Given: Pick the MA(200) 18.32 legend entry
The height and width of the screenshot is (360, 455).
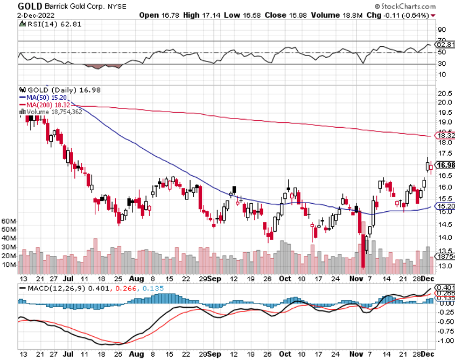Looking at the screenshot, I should click(43, 104).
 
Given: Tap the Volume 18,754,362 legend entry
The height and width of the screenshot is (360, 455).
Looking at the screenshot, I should click(53, 112).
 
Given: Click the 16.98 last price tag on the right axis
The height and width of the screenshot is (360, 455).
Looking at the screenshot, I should click(445, 165).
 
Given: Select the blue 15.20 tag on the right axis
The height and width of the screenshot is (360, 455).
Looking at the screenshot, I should click(445, 206).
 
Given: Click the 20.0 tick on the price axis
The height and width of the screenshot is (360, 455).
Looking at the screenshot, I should click(444, 102).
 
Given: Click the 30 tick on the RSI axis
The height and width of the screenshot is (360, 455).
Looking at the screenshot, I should click(442, 64).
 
